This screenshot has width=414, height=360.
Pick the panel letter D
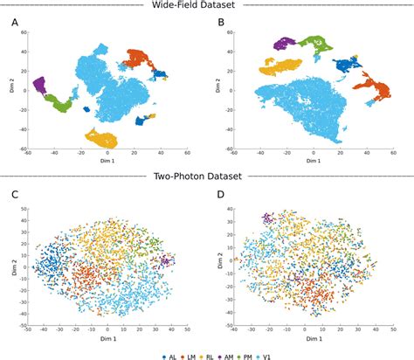tap(220, 193)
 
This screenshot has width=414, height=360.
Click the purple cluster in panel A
tap(39, 85)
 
